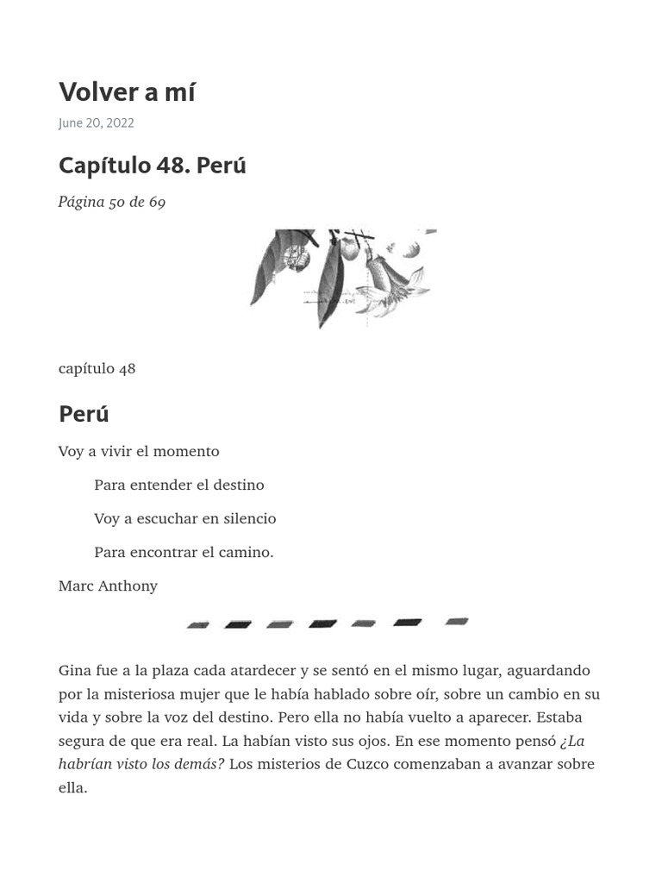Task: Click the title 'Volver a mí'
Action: tap(127, 91)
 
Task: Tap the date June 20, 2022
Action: tap(96, 122)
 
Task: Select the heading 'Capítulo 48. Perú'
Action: tap(152, 165)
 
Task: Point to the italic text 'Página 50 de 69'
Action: tap(112, 202)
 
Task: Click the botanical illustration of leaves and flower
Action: tap(342, 277)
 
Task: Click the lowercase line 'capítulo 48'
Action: tap(97, 368)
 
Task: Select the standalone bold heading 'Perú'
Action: tap(84, 414)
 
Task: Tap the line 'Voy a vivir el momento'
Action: tap(139, 451)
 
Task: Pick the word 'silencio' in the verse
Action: tap(250, 518)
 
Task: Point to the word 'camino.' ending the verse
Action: tap(248, 552)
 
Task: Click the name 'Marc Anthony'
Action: tap(108, 586)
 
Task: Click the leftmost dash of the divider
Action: tap(198, 624)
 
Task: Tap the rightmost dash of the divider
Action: tap(457, 621)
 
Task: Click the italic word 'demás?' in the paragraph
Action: tap(199, 764)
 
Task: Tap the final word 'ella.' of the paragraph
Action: tap(72, 787)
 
